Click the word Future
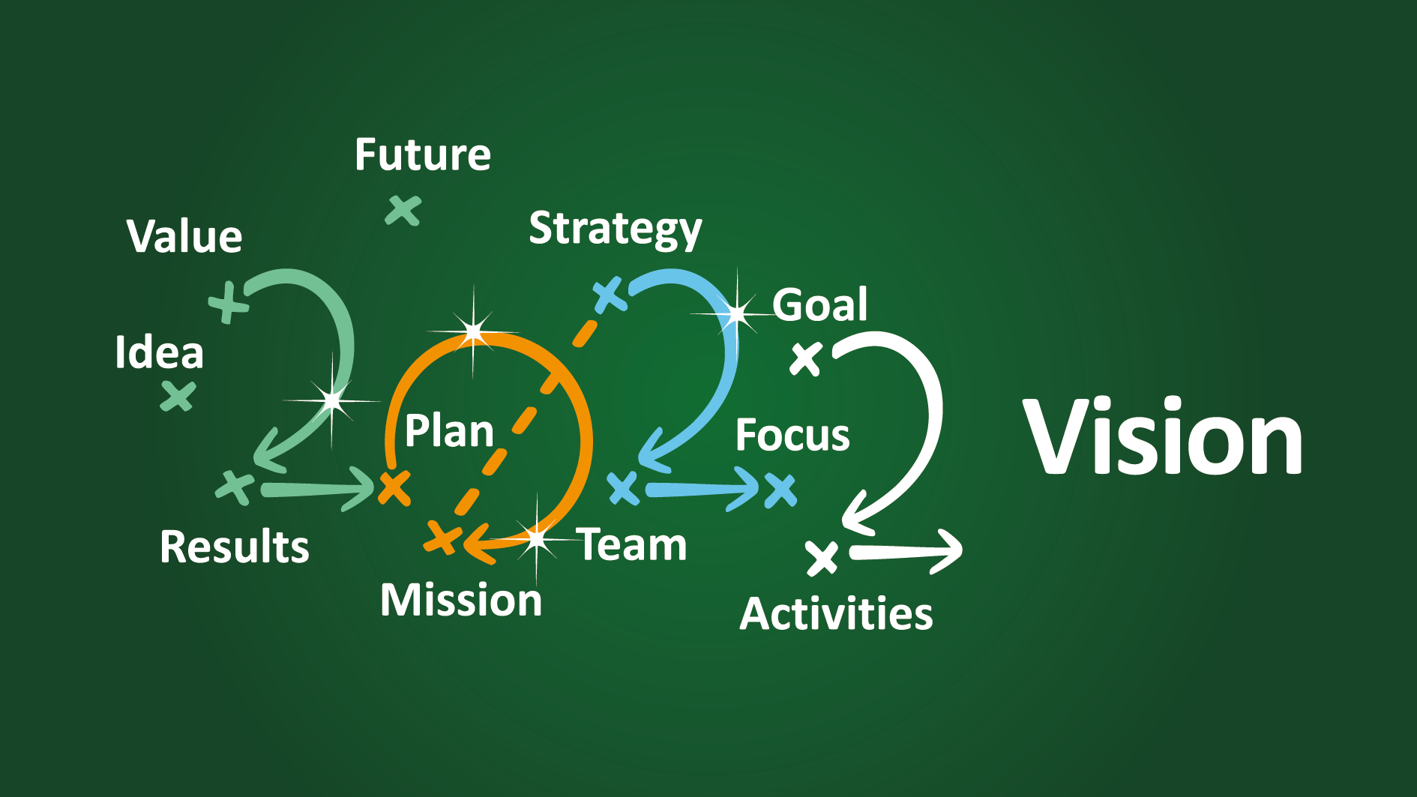pos(423,155)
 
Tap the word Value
pos(184,237)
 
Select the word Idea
pos(159,352)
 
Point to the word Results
pos(235,547)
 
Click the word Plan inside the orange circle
pos(449,431)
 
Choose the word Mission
pos(461,601)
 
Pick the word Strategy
pos(616,229)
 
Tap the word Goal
pos(820,304)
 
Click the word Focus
pos(792,436)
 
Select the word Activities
pos(836,614)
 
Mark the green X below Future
pos(403,211)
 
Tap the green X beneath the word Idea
pos(178,396)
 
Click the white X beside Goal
pos(807,358)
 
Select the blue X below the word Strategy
pos(610,295)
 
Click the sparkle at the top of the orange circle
pos(474,331)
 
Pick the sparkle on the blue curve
pos(737,313)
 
